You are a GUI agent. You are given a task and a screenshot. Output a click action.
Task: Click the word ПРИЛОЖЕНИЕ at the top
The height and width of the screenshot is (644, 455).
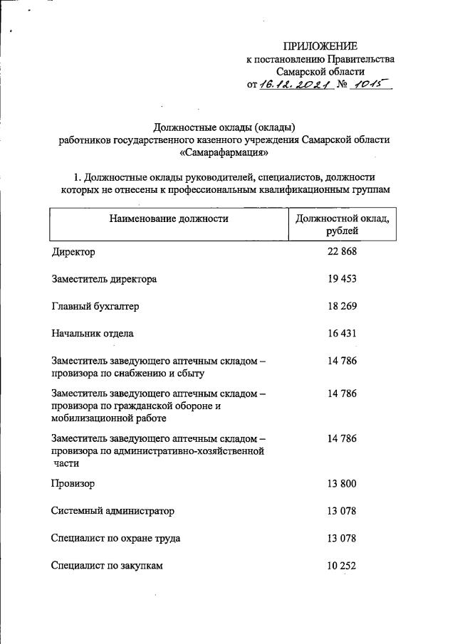pos(320,46)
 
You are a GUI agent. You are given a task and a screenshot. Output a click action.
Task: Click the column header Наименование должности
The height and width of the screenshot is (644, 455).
pos(169,218)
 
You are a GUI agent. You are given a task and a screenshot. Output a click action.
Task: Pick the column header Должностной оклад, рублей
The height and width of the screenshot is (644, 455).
pos(342,224)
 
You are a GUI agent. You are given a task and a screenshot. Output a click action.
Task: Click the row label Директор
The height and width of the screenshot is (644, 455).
pos(73,253)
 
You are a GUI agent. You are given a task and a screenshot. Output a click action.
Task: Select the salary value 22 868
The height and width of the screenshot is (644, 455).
pos(342,252)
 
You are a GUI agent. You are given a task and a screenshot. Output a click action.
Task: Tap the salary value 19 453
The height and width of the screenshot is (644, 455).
pos(342,279)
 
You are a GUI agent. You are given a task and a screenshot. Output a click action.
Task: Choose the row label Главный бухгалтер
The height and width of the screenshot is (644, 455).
pos(95,307)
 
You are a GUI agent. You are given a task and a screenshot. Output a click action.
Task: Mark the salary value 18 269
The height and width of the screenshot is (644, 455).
pos(342,306)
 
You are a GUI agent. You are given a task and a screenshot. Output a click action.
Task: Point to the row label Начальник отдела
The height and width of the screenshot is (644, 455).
pos(93,333)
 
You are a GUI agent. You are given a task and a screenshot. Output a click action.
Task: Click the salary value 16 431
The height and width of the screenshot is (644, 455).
pos(342,332)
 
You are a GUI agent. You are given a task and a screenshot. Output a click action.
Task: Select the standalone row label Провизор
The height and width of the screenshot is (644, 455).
pos(73,485)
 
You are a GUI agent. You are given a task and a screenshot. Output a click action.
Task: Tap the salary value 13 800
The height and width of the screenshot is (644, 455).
pos(342,484)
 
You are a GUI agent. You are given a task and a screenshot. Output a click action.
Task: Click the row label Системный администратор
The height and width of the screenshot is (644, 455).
pos(113,512)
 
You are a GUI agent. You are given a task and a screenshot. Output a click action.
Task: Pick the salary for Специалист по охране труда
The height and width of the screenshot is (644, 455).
pos(342,538)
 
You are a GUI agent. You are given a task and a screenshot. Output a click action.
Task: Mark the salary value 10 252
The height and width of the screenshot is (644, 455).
pos(342,565)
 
